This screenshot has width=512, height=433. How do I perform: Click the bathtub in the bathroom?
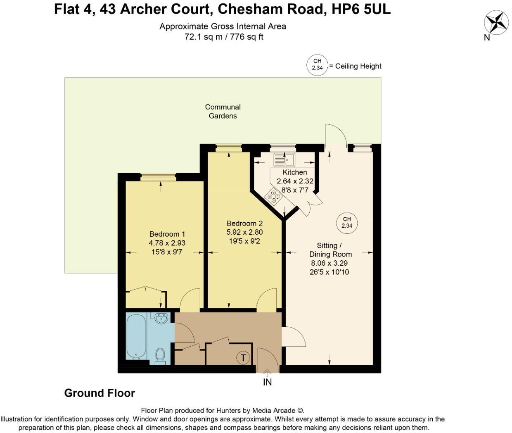[x=136, y=336]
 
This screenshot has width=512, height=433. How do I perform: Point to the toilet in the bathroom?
[x=160, y=355]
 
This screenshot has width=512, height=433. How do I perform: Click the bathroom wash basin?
[x=161, y=318]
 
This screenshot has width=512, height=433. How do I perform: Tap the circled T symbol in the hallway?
[x=243, y=358]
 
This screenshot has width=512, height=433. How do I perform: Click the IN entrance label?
[x=267, y=382]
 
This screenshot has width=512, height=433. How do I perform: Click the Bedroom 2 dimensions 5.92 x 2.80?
[x=244, y=232]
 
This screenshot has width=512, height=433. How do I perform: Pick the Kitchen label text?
[x=295, y=172]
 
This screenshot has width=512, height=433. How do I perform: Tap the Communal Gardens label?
[x=223, y=111]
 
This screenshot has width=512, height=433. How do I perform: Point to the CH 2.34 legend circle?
[x=317, y=65]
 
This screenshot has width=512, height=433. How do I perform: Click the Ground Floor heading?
[x=100, y=393]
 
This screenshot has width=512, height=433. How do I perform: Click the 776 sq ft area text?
[x=247, y=37]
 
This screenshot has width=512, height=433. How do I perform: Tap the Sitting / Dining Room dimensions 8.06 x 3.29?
[x=330, y=263]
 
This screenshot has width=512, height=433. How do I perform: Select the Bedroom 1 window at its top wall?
[x=158, y=177]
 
